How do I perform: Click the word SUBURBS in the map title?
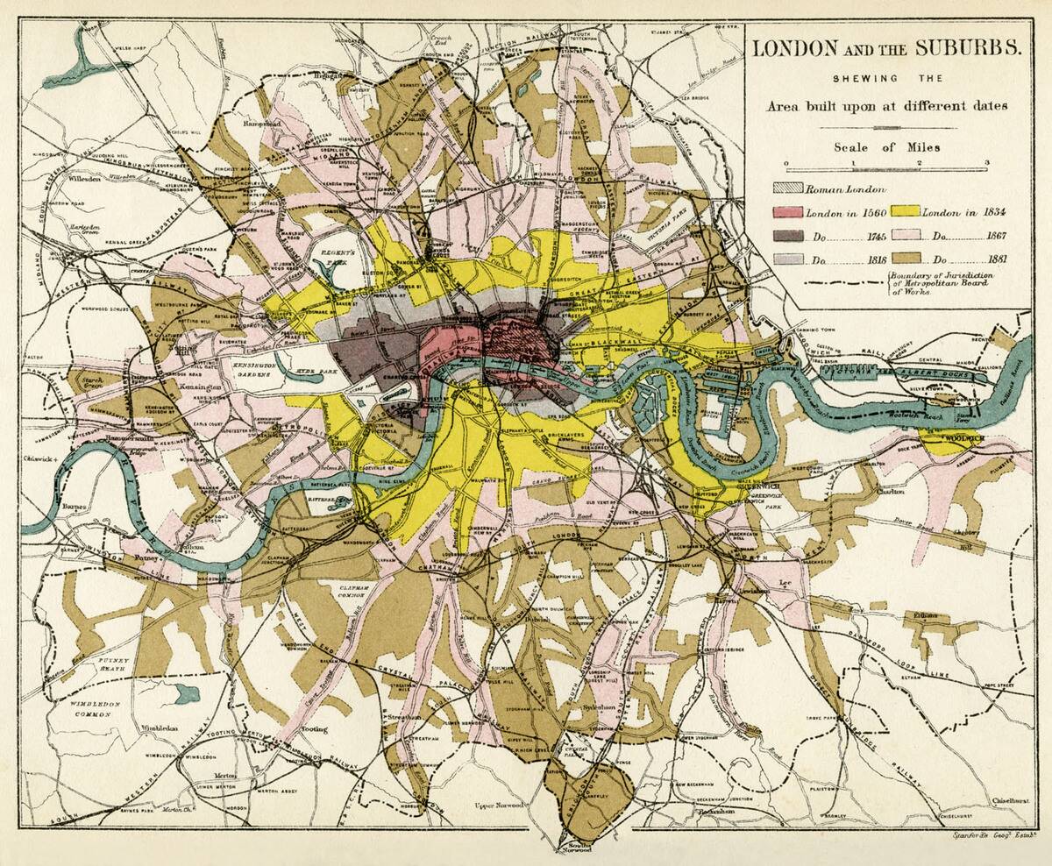968,49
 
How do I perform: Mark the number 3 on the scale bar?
986,163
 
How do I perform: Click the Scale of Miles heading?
886,147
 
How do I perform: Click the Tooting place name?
314,728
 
